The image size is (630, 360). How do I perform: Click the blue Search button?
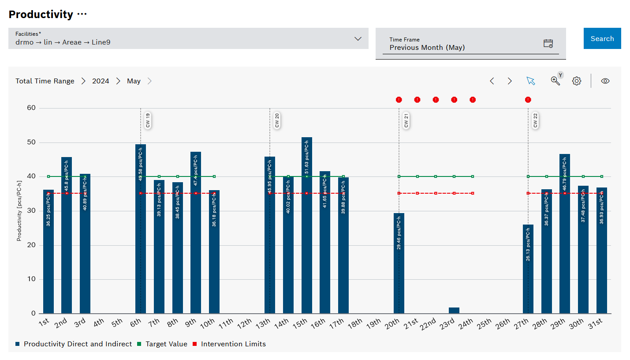602,38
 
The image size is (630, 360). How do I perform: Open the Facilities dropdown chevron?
358,39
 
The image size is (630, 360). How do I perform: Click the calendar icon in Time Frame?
548,43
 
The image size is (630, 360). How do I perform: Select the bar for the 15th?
307,225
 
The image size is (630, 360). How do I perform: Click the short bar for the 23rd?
454,311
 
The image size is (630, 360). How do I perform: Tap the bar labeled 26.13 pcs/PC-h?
528,269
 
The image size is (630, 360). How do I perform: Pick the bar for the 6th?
141,229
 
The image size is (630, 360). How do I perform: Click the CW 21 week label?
406,120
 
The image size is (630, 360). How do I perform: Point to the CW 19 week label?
148,120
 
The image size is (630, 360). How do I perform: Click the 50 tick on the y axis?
31,142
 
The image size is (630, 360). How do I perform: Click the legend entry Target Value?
166,344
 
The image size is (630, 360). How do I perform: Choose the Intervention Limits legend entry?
233,344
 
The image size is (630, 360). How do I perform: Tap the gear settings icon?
577,81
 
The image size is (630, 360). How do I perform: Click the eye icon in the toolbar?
605,81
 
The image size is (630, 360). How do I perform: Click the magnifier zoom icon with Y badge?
555,80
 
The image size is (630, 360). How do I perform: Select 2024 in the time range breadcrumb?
101,81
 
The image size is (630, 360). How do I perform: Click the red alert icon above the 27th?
528,100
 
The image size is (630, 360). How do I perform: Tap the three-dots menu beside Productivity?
82,14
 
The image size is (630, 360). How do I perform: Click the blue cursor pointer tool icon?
530,81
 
